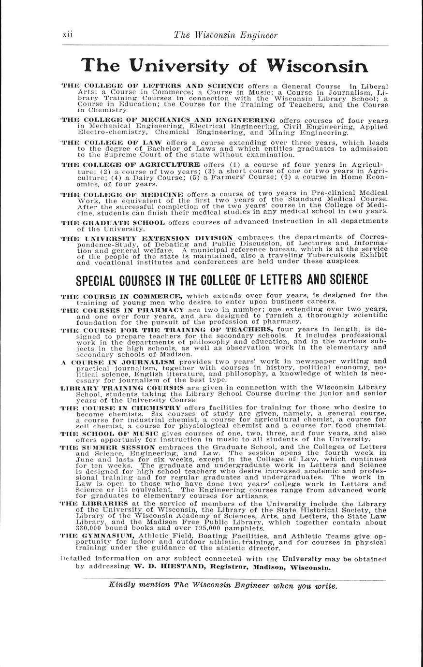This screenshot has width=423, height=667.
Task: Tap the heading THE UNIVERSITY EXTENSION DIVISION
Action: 147,238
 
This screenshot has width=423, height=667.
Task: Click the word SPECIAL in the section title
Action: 101,280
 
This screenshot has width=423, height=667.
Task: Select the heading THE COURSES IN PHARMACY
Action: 122,309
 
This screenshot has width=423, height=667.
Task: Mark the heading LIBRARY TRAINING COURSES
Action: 121,388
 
